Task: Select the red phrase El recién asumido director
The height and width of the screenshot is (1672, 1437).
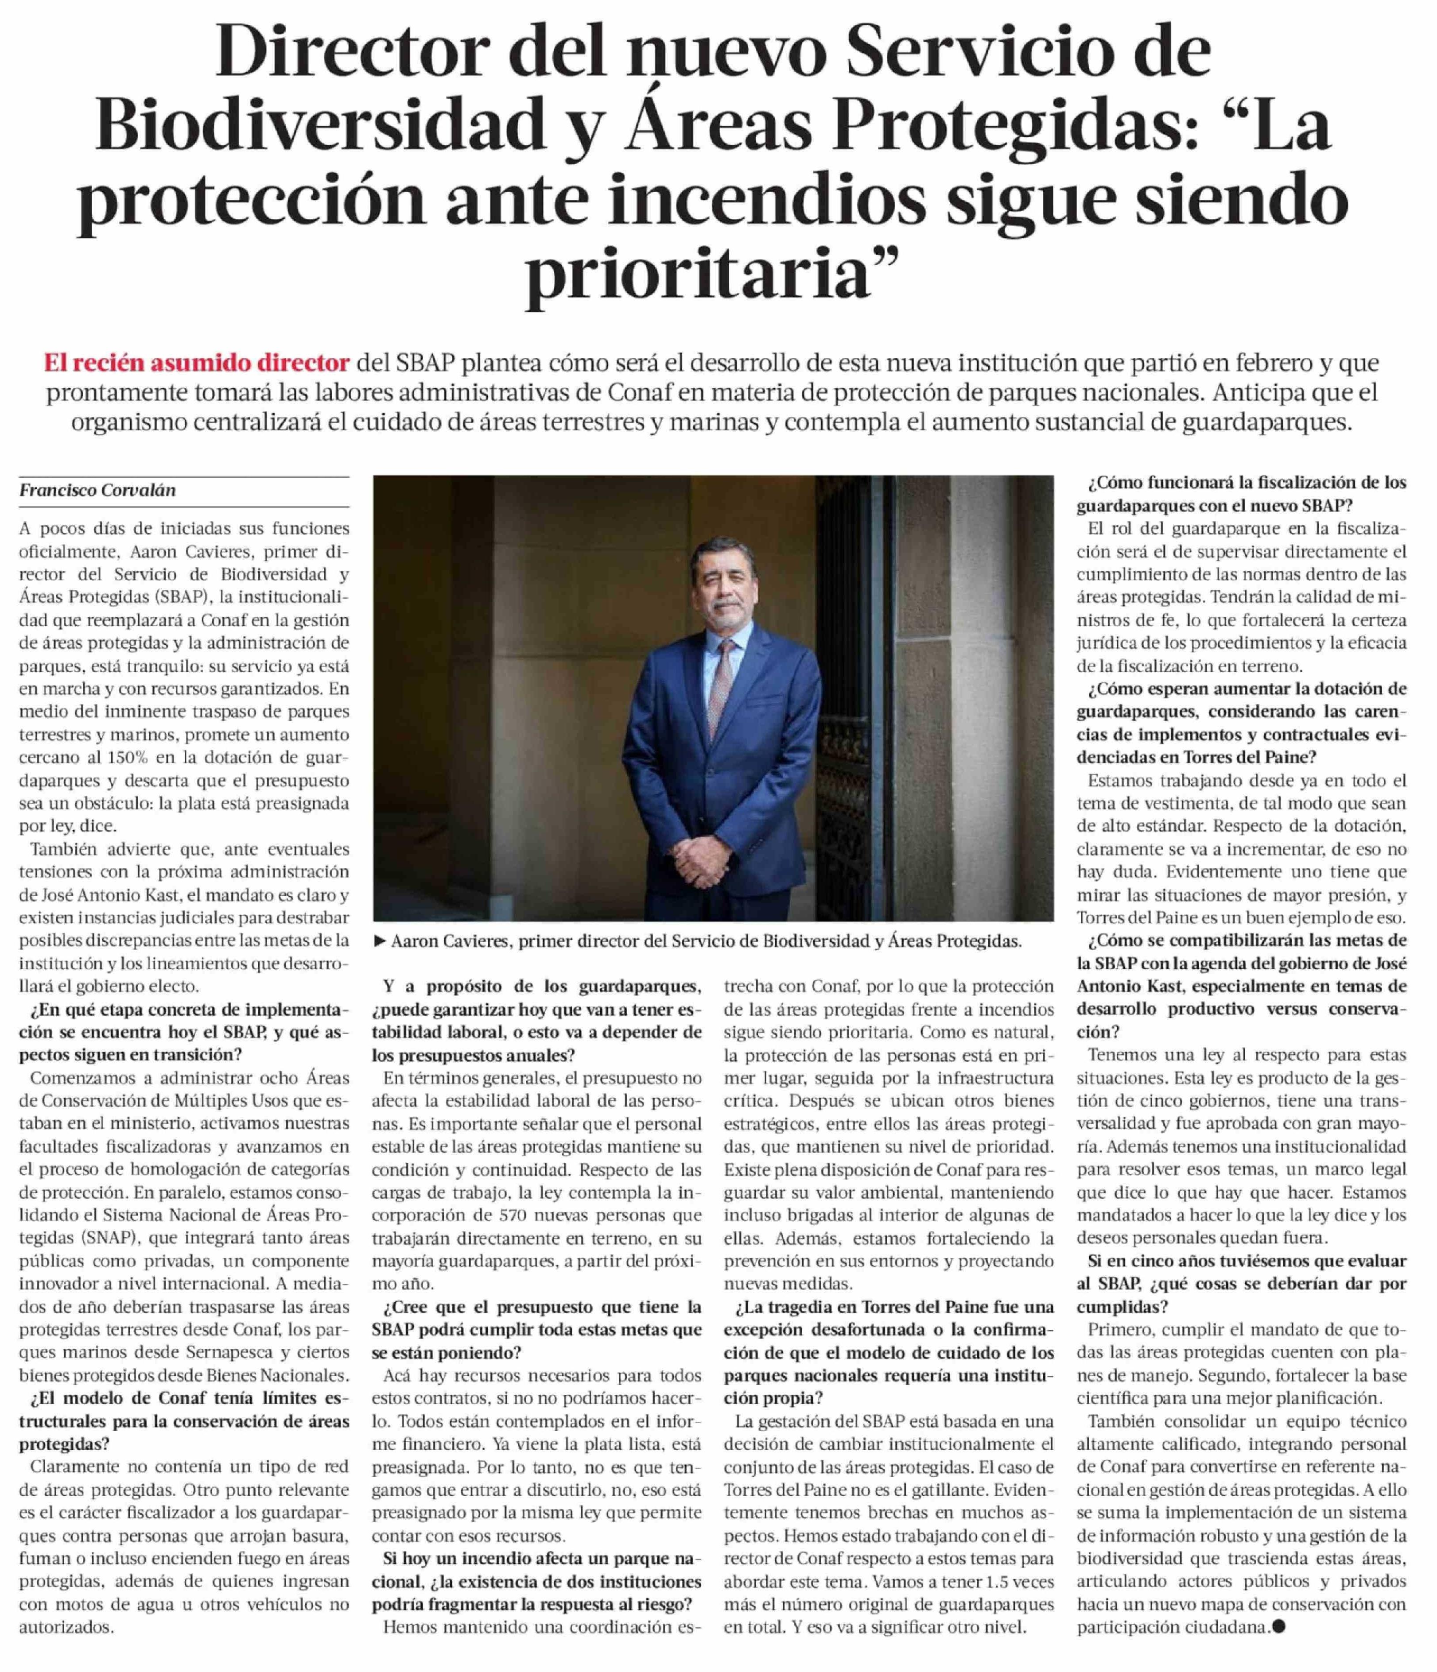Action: (x=197, y=363)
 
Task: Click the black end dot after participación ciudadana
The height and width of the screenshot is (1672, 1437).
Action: (x=1277, y=1627)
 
